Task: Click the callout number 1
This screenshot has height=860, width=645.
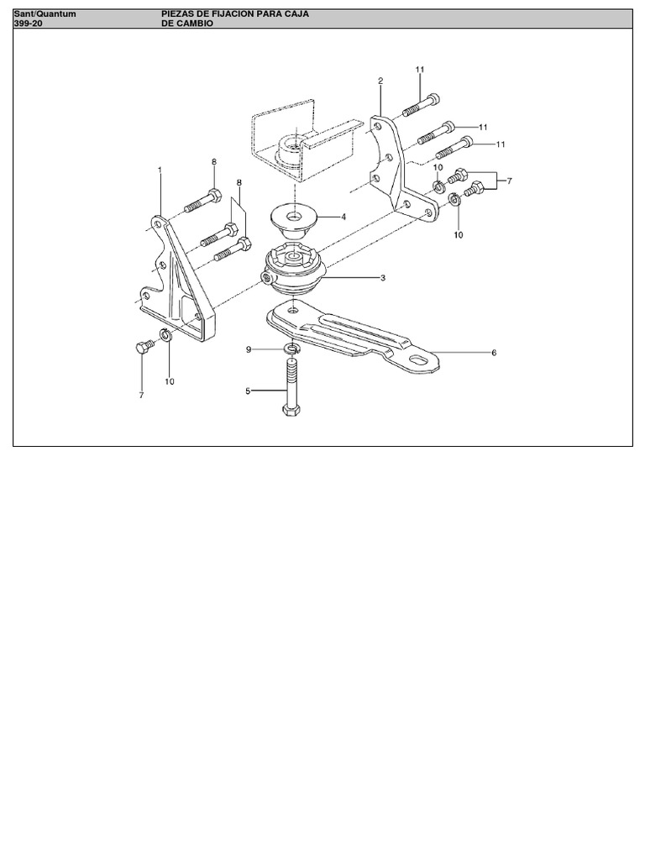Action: pos(160,170)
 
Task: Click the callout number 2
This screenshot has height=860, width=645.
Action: pos(380,81)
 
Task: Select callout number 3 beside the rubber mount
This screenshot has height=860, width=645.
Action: pos(383,278)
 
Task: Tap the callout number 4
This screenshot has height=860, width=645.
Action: pos(343,218)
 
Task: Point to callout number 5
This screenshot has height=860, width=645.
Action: pos(248,391)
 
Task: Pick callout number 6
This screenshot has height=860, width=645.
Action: pos(494,353)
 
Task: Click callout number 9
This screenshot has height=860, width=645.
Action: pos(249,349)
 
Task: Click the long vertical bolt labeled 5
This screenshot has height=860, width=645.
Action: pos(291,386)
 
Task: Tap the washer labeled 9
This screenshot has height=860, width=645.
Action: pos(292,348)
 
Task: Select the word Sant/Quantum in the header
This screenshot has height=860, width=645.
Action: pos(45,13)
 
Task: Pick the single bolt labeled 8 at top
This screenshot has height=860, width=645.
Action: pos(202,201)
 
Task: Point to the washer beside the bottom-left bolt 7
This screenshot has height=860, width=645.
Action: pos(166,334)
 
